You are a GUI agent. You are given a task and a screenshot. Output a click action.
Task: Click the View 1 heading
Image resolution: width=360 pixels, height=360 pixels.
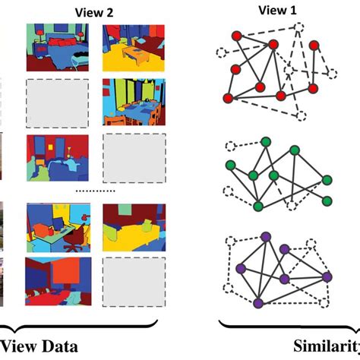[x=268, y=10]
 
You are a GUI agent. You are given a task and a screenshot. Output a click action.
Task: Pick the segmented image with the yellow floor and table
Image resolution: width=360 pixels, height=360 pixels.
[x=130, y=45]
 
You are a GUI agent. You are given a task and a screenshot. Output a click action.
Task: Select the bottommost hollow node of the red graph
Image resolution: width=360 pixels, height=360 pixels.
[x=302, y=117]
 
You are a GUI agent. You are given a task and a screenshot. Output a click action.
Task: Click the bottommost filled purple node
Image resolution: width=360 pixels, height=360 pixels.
[x=258, y=303]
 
